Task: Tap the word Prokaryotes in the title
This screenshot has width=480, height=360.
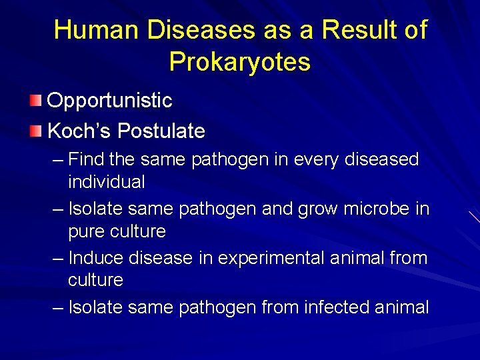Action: pyautogui.click(x=239, y=61)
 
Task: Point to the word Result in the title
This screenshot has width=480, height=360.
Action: pyautogui.click(x=359, y=30)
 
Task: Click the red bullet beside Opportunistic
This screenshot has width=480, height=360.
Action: pyautogui.click(x=35, y=101)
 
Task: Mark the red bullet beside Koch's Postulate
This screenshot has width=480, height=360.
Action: pyautogui.click(x=35, y=130)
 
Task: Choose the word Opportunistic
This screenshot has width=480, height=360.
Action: pyautogui.click(x=109, y=101)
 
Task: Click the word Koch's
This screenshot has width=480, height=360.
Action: pyautogui.click(x=79, y=131)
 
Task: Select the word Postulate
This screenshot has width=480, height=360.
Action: pyautogui.click(x=161, y=131)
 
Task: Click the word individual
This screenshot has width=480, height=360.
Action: pyautogui.click(x=106, y=181)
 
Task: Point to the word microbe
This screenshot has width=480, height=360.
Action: pyautogui.click(x=379, y=209)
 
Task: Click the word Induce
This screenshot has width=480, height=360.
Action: pyautogui.click(x=95, y=258)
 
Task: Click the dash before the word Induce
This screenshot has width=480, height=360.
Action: pyautogui.click(x=58, y=258)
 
